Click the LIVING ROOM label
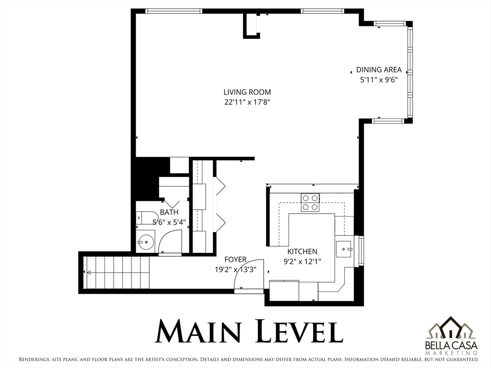coord(247,92)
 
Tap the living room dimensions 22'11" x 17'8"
coord(247,102)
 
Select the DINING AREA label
coord(379,70)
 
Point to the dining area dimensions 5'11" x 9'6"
coord(379,80)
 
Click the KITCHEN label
coord(302,251)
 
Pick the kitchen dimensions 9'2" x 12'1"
coord(302,261)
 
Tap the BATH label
coord(169,212)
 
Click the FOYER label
coord(235,259)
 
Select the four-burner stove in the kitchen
coord(310,203)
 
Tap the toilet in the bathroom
coord(147,218)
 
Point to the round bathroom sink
coord(145,241)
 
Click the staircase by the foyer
coord(117,273)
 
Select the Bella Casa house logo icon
coord(451,328)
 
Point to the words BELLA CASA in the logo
coord(451,345)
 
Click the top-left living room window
coord(174,11)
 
